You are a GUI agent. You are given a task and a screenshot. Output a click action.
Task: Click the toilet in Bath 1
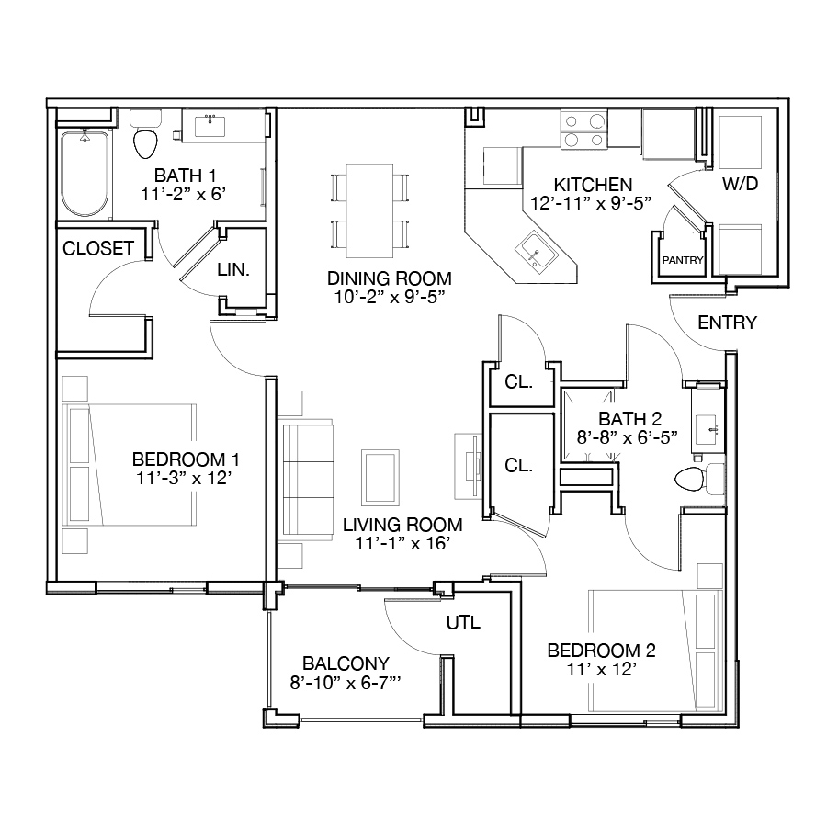145,134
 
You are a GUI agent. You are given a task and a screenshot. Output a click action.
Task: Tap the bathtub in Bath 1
85,174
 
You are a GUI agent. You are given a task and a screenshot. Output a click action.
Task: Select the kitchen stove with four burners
583,130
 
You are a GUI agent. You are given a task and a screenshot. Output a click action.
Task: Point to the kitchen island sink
537,253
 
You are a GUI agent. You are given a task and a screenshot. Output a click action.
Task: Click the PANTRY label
683,260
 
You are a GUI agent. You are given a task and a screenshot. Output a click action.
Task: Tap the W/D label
740,184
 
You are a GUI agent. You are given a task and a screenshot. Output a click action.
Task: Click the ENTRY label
728,323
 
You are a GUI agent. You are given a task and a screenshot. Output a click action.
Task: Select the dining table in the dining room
369,211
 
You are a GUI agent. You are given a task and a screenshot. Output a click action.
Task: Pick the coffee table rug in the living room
380,477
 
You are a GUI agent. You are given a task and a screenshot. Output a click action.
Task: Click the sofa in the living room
305,480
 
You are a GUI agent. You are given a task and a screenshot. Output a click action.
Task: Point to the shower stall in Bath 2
588,425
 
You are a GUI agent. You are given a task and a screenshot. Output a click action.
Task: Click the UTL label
464,622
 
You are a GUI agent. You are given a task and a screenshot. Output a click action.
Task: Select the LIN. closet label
233,269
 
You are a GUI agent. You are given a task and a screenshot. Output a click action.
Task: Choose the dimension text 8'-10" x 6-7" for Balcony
346,683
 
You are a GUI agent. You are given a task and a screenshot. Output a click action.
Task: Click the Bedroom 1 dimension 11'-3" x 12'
184,478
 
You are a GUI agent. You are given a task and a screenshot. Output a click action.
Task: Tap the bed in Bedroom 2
655,651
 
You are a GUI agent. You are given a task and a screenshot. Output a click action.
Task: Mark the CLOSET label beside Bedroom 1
98,248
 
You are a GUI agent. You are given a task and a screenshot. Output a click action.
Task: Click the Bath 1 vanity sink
210,127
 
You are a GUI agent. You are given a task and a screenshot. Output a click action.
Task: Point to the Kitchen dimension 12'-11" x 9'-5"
591,203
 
